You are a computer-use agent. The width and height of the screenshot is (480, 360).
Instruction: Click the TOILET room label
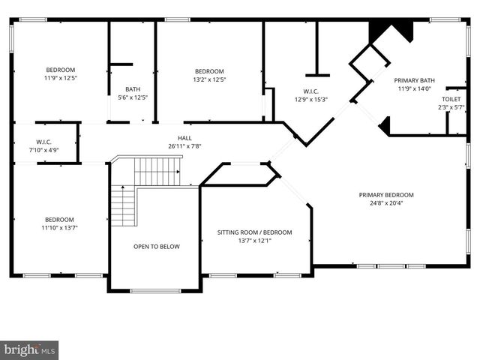point(451,99)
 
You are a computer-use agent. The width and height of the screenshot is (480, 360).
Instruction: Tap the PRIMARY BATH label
point(415,79)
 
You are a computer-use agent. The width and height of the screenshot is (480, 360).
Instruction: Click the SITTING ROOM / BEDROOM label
point(254,232)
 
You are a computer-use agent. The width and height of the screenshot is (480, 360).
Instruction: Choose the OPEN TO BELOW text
point(157,247)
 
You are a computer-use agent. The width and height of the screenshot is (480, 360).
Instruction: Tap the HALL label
point(184,137)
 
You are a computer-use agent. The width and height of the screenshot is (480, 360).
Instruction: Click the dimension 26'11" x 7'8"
point(184,146)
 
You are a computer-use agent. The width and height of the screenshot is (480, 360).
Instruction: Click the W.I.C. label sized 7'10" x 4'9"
point(43,141)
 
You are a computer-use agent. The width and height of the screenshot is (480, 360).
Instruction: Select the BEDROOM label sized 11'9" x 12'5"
point(60,68)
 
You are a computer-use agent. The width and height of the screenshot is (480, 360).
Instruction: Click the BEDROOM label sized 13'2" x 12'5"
point(209,71)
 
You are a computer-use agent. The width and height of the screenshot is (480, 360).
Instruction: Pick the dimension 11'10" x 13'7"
point(60,228)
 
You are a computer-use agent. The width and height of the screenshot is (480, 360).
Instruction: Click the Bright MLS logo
point(30,349)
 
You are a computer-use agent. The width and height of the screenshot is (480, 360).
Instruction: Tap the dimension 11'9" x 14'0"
point(415,88)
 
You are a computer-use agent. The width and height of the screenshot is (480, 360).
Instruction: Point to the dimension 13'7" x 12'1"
point(254,241)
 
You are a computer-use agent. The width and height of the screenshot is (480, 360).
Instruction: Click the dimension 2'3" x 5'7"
point(452,108)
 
